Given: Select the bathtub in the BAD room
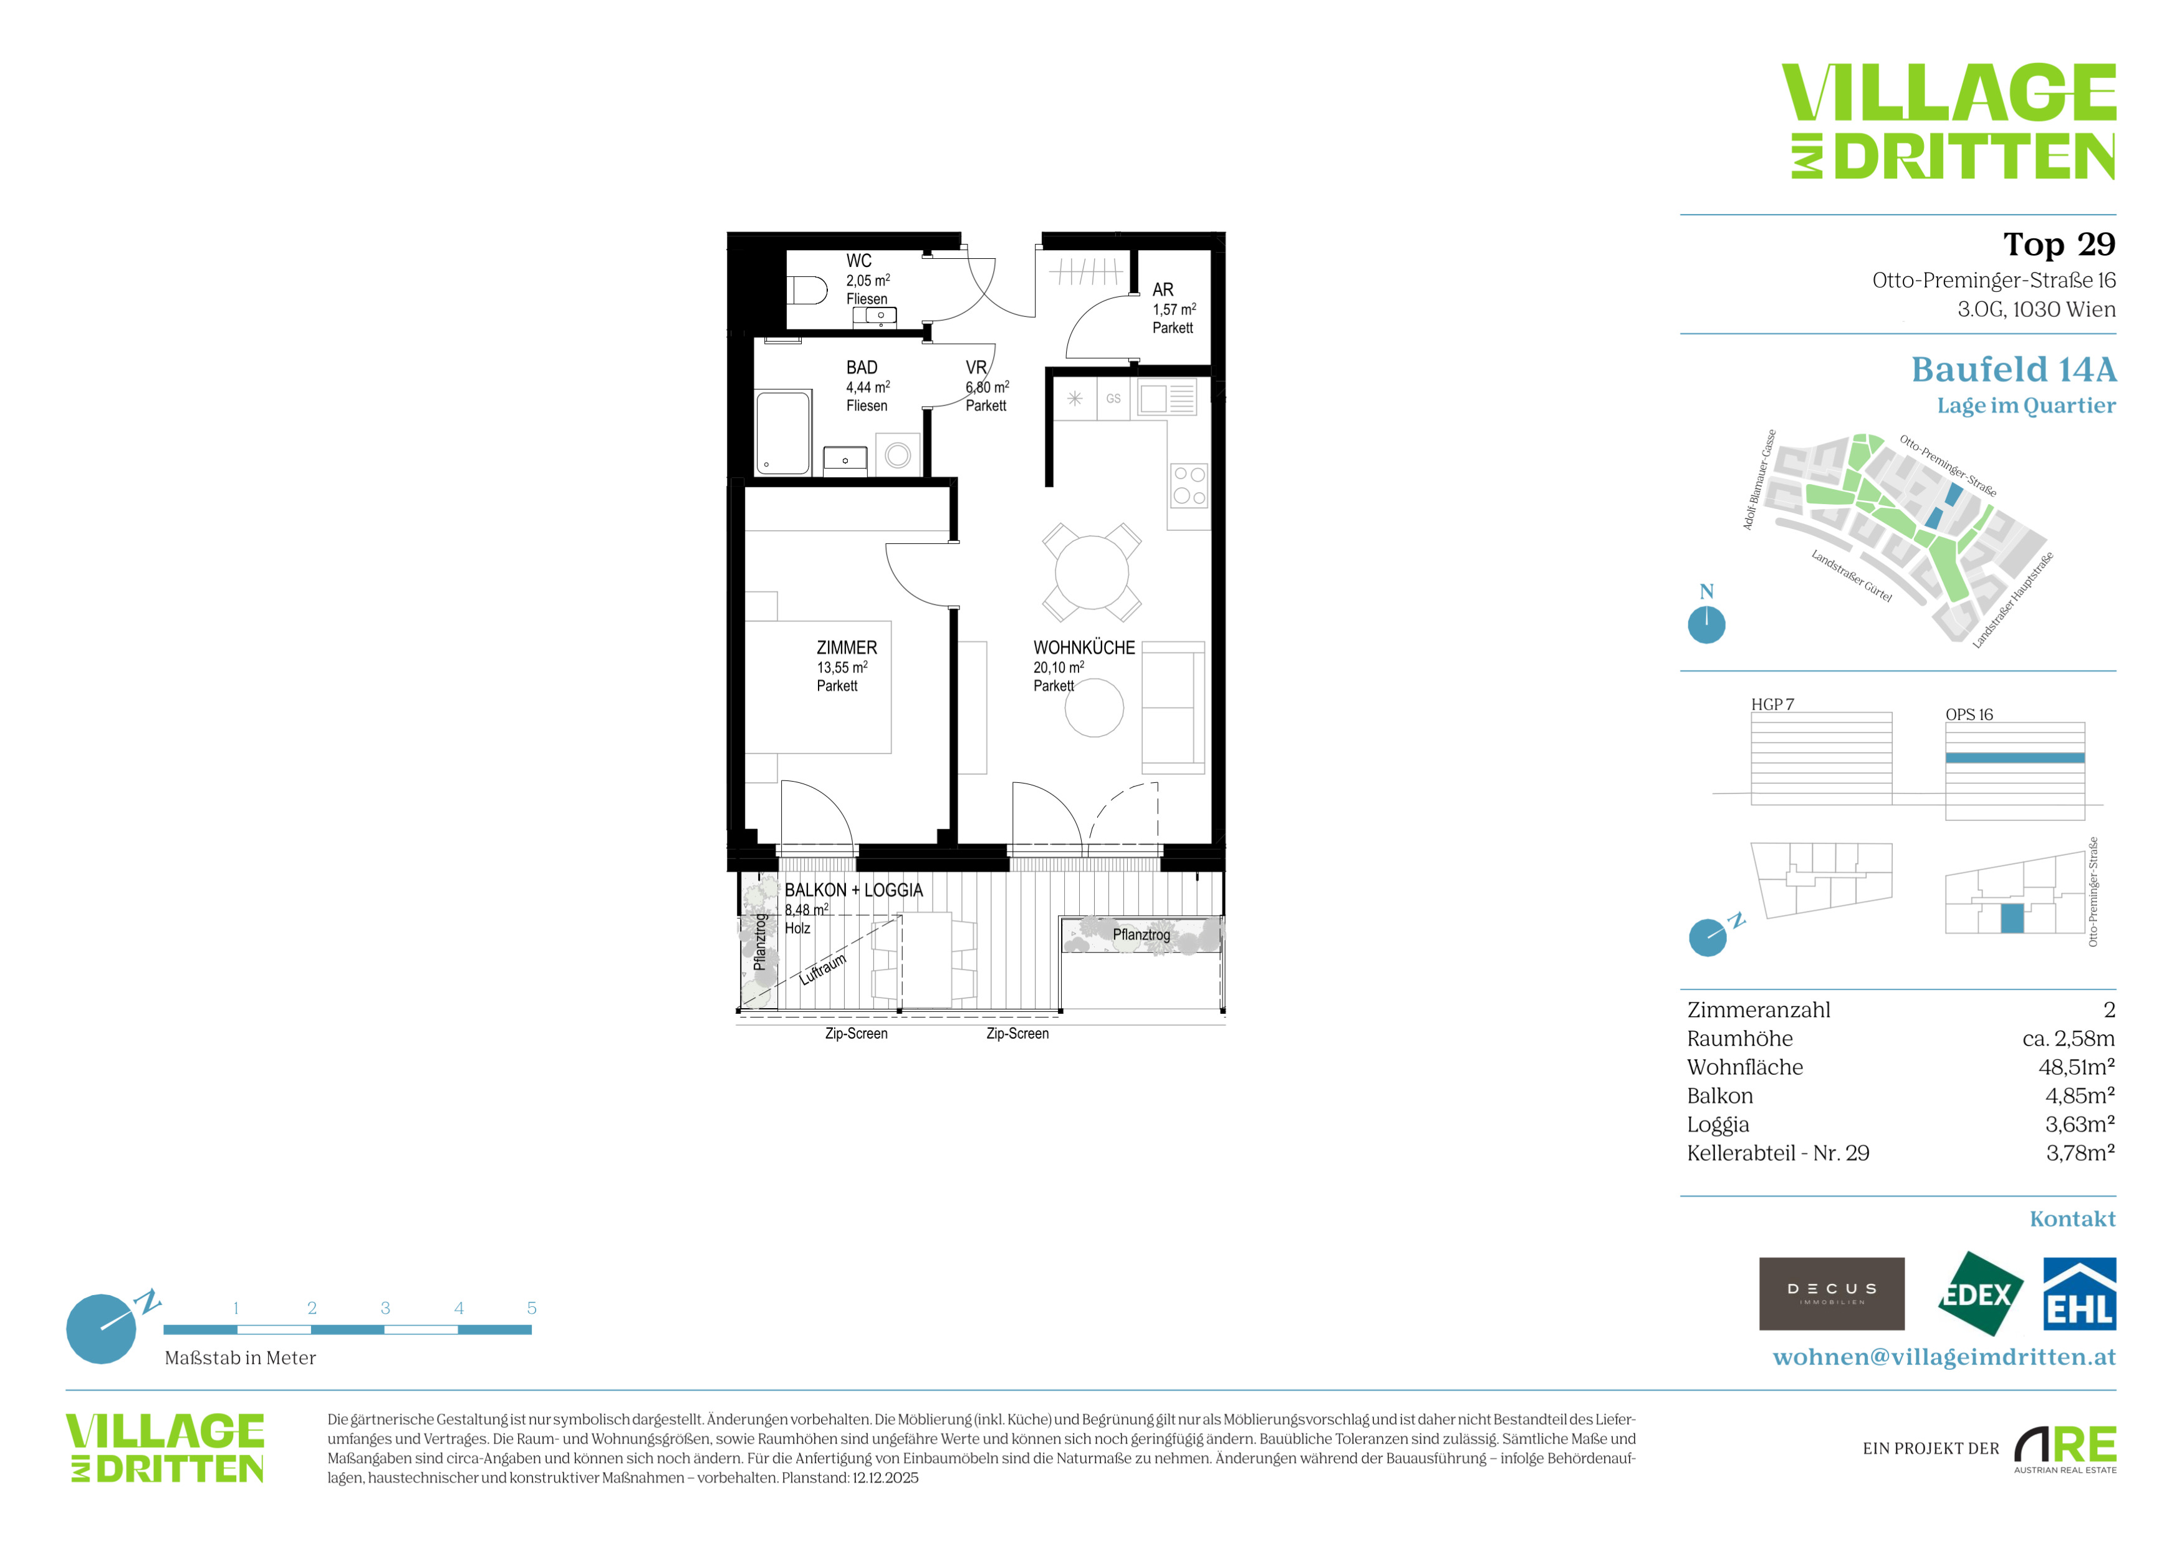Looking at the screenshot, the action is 783,432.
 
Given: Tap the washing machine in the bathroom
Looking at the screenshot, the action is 898,454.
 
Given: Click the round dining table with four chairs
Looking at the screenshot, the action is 1092,572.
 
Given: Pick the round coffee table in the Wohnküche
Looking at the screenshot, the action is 1094,707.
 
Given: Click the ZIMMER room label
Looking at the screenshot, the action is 847,648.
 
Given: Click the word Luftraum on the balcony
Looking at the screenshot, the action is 823,969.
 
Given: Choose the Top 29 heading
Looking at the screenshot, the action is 2059,245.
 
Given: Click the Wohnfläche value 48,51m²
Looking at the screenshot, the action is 2077,1067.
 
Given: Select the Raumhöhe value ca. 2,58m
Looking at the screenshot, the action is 2069,1038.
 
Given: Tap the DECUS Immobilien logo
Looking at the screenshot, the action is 1832,1293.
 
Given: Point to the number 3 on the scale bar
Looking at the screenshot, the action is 385,1308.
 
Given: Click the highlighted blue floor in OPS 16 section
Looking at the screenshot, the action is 2015,758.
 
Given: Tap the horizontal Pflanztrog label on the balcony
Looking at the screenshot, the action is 1141,935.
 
